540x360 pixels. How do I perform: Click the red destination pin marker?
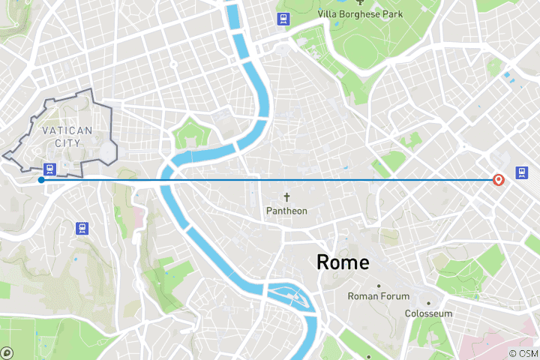pyautogui.click(x=498, y=180)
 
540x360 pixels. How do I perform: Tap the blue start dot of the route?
pyautogui.click(x=40, y=179)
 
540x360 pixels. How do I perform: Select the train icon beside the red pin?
pyautogui.click(x=521, y=174)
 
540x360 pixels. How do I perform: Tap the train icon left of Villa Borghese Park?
pyautogui.click(x=283, y=19)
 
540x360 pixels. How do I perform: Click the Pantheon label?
pyautogui.click(x=286, y=211)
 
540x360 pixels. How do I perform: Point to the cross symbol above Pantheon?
pyautogui.click(x=286, y=196)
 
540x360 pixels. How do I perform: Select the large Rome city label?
pyautogui.click(x=343, y=262)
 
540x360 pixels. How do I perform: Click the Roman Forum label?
pyautogui.click(x=379, y=296)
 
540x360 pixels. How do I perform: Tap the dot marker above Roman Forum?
pyautogui.click(x=379, y=286)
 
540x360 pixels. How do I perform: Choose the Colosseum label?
pyautogui.click(x=428, y=313)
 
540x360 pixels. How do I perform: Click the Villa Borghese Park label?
pyautogui.click(x=360, y=13)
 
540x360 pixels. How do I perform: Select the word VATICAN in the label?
pyautogui.click(x=67, y=130)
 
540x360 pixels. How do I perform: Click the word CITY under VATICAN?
pyautogui.click(x=67, y=142)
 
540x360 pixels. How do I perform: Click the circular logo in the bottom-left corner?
pyautogui.click(x=7, y=352)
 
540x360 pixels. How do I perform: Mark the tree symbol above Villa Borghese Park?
pyautogui.click(x=360, y=2)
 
